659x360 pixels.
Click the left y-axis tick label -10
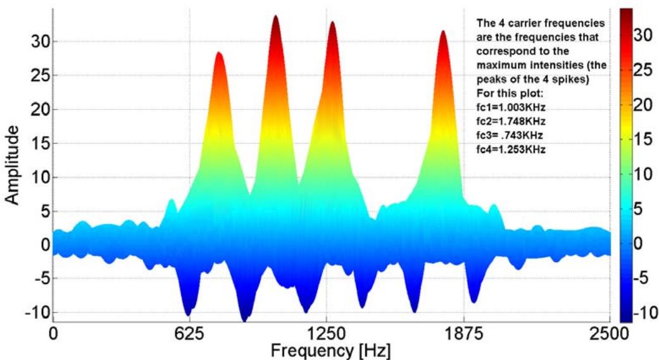pyautogui.click(x=28, y=312)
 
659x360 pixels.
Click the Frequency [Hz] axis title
pyautogui.click(x=331, y=350)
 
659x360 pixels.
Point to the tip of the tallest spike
pyautogui.click(x=275, y=16)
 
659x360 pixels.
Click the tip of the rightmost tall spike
pyautogui.click(x=443, y=31)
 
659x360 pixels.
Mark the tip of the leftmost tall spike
pyautogui.click(x=219, y=53)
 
